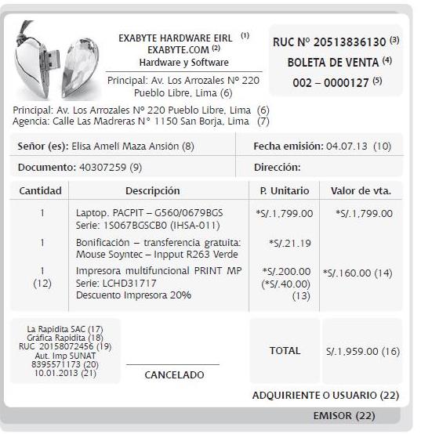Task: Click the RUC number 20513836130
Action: tap(350, 41)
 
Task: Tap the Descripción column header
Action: tap(153, 190)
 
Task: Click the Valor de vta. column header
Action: tap(361, 190)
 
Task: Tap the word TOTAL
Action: tap(285, 352)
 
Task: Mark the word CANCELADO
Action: tap(174, 375)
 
